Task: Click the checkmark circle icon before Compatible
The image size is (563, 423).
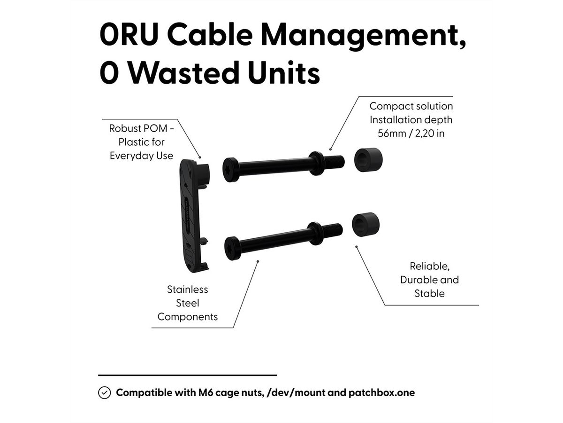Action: pyautogui.click(x=104, y=393)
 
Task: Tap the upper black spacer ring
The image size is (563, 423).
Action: pyautogui.click(x=368, y=159)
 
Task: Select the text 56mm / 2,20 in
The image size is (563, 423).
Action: pyautogui.click(x=411, y=133)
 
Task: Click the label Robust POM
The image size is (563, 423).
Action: pyautogui.click(x=138, y=128)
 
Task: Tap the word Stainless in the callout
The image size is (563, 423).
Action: pyautogui.click(x=188, y=290)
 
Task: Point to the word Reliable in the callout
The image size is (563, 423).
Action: pyautogui.click(x=429, y=266)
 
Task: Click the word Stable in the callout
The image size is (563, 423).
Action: pyautogui.click(x=429, y=294)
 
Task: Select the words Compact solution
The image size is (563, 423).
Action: pyautogui.click(x=411, y=106)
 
